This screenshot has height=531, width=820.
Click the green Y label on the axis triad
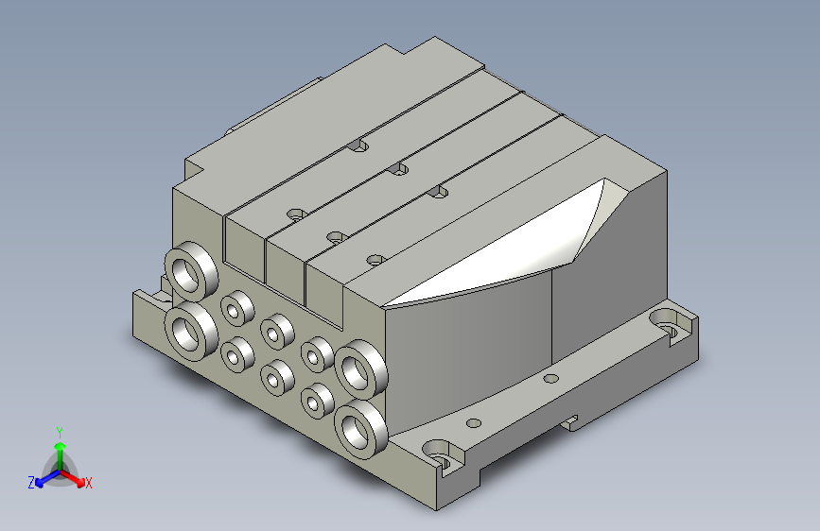(x=60, y=433)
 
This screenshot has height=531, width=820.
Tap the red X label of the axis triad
(x=88, y=483)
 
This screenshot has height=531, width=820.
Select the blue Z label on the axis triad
(x=31, y=483)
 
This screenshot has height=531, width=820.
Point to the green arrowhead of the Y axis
(x=61, y=446)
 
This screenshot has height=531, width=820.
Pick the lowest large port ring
(x=361, y=429)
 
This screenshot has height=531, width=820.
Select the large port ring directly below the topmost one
(x=191, y=331)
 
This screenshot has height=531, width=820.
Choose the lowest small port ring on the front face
(x=318, y=401)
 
